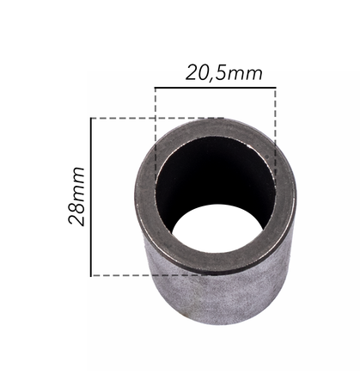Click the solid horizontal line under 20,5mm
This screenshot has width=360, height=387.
[x=215, y=87]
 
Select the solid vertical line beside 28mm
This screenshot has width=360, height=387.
[x=91, y=196]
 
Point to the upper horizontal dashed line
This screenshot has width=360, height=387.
[x=129, y=118]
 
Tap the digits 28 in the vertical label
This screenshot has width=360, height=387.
[x=77, y=214]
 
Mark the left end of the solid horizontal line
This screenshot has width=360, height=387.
[x=156, y=87]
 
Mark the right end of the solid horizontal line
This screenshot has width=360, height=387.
[x=276, y=87]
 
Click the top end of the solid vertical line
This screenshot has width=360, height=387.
[x=91, y=118]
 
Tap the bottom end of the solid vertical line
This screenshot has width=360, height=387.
[x=91, y=275]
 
